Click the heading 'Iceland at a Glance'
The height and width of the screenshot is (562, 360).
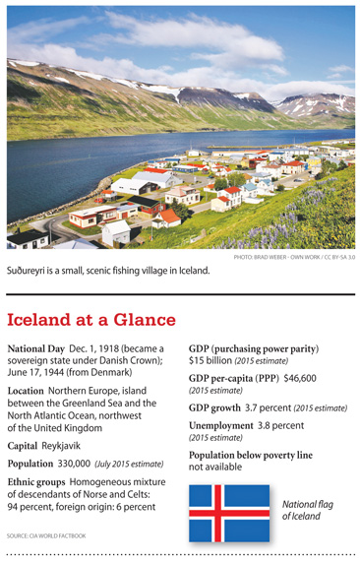point(91,320)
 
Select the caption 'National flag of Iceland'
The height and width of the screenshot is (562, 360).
point(307,509)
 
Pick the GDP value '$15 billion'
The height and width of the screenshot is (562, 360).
point(212,363)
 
